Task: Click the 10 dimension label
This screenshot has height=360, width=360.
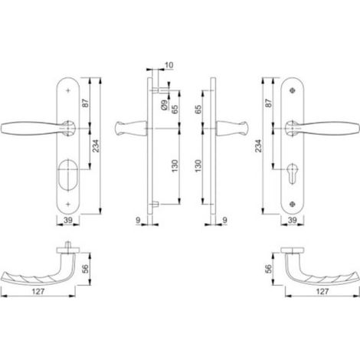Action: [169, 65]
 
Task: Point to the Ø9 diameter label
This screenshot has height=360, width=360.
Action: [165, 105]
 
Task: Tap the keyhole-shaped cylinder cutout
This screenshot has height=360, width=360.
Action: [292, 173]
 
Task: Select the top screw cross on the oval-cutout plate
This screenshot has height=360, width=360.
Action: [68, 90]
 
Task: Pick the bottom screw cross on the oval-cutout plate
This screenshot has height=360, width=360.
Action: [68, 204]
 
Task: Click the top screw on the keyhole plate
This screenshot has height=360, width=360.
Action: [293, 90]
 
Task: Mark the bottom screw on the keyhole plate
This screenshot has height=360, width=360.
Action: [293, 204]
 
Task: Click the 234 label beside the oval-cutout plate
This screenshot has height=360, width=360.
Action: [96, 146]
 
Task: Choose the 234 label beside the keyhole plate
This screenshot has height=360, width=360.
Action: [259, 146]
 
